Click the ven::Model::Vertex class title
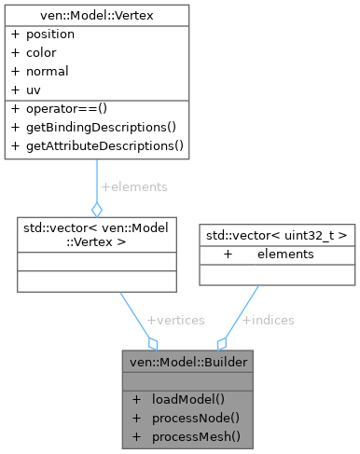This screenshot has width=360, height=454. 97,14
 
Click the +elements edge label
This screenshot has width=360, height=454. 133,186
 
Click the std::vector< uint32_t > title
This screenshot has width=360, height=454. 276,234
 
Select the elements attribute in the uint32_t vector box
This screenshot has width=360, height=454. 285,254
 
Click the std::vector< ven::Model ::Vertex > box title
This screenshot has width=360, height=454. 97,235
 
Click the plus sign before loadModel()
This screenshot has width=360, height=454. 137,399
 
